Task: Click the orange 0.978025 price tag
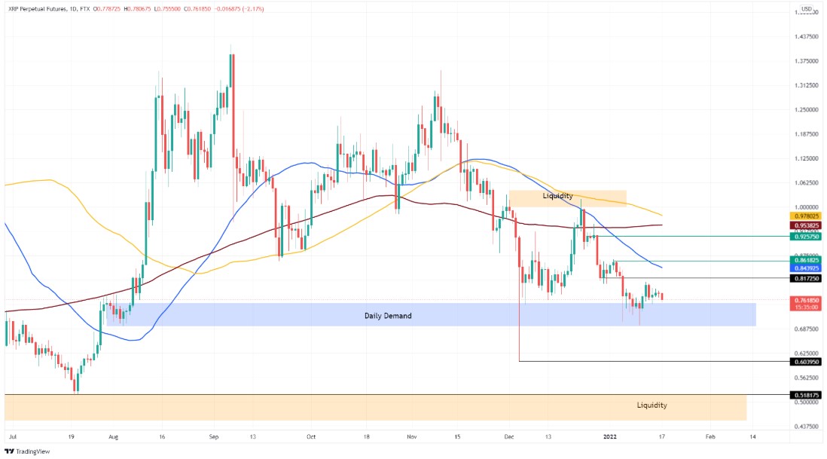point(805,216)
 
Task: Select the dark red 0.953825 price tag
point(805,225)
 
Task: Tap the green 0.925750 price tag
point(805,237)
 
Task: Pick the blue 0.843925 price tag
point(805,268)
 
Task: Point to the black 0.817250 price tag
point(805,278)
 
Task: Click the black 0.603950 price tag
point(805,362)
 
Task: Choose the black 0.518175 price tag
point(805,395)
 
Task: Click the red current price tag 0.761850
point(805,300)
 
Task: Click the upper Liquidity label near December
point(557,196)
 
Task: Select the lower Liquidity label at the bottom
point(652,405)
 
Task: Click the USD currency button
point(806,10)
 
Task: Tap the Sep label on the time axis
point(213,436)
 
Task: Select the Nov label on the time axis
point(411,436)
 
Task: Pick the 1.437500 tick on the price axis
point(807,37)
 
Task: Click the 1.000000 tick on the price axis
point(807,207)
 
